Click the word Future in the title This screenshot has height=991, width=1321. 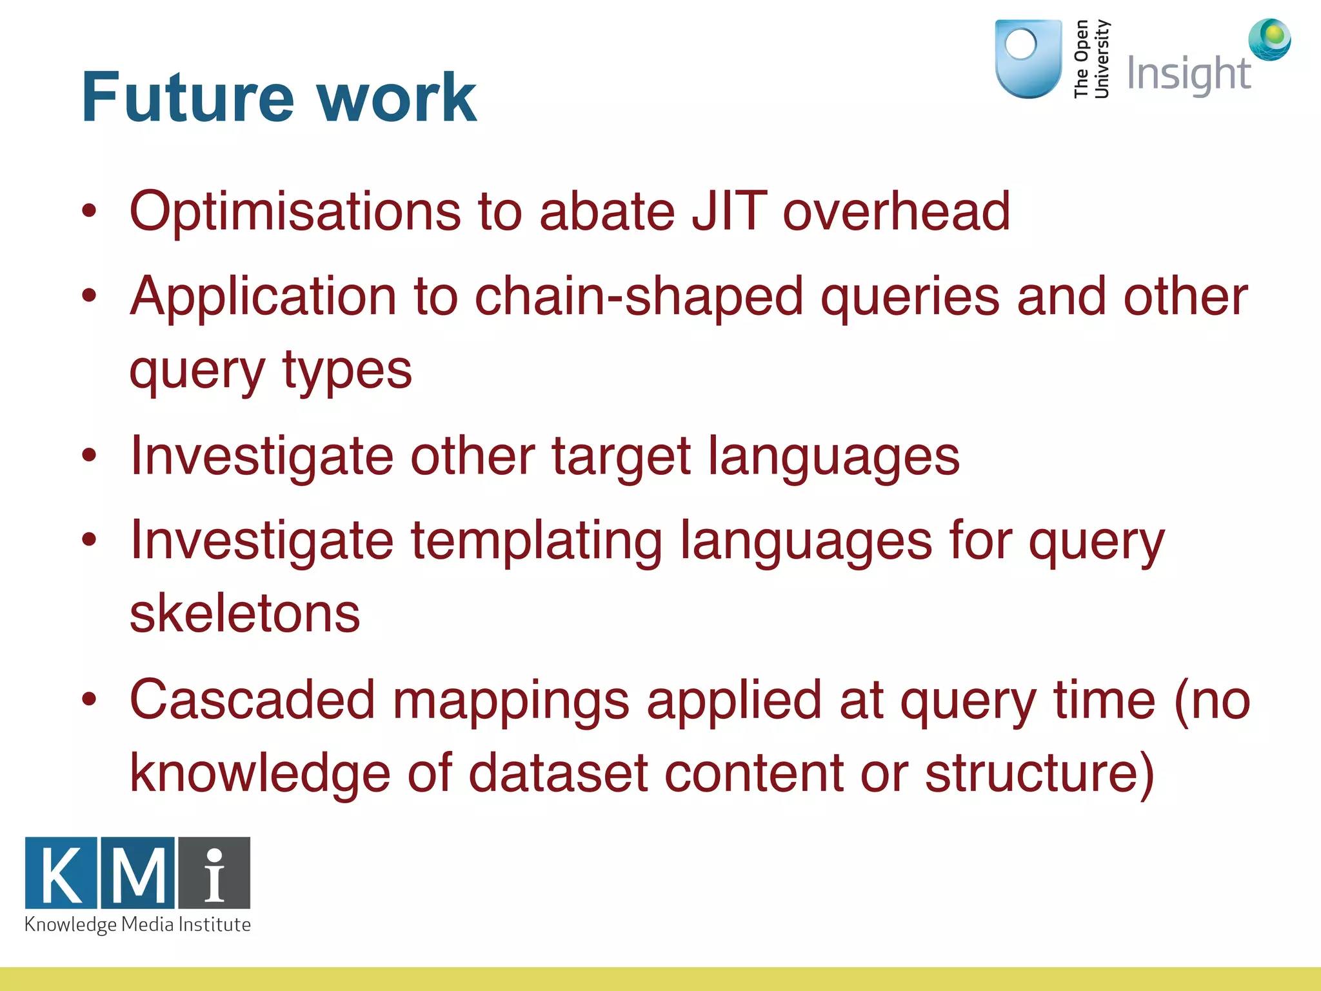coord(188,97)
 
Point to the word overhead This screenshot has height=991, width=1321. coord(896,211)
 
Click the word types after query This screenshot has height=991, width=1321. coord(347,371)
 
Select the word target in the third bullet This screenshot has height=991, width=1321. coord(621,457)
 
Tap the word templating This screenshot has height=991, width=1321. coord(536,541)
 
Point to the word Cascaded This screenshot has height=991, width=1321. coord(252,700)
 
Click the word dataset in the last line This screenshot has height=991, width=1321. coord(558,773)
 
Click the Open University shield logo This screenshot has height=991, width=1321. coord(1028,58)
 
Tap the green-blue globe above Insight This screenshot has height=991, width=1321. coord(1269,39)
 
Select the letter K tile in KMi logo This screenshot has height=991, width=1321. coord(61,873)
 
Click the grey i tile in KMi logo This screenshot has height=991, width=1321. coord(215,873)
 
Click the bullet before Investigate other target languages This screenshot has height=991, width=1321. coord(89,455)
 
